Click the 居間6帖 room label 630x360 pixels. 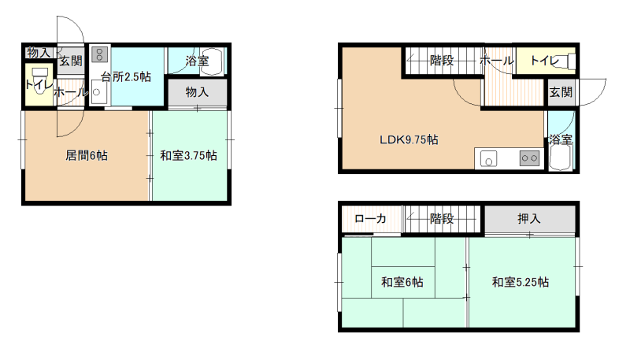pos(87,155)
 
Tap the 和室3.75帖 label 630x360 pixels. pos(188,155)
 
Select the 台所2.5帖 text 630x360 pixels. pos(126,76)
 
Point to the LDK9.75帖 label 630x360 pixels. pos(409,139)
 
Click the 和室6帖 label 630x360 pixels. pos(402,282)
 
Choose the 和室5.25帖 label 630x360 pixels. pos(521,282)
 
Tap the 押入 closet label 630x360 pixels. pos(528,218)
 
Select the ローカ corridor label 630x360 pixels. pos(370,218)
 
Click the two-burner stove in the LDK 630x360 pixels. pos(529,158)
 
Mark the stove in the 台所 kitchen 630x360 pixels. pos(99,54)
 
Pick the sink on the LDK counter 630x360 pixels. pos(488,158)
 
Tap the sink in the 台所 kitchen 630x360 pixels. pos(96,92)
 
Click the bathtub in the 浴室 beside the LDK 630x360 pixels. pos(561,158)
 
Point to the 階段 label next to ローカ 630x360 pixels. pos(442,218)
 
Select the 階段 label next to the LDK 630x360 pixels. pos(442,61)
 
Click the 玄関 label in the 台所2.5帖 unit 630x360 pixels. pos(71,61)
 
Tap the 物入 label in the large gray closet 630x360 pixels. pos(197,92)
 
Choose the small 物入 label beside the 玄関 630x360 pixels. pos(39,53)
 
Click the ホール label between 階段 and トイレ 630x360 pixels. pos(497,61)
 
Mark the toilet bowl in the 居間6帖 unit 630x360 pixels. pos(40,81)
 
